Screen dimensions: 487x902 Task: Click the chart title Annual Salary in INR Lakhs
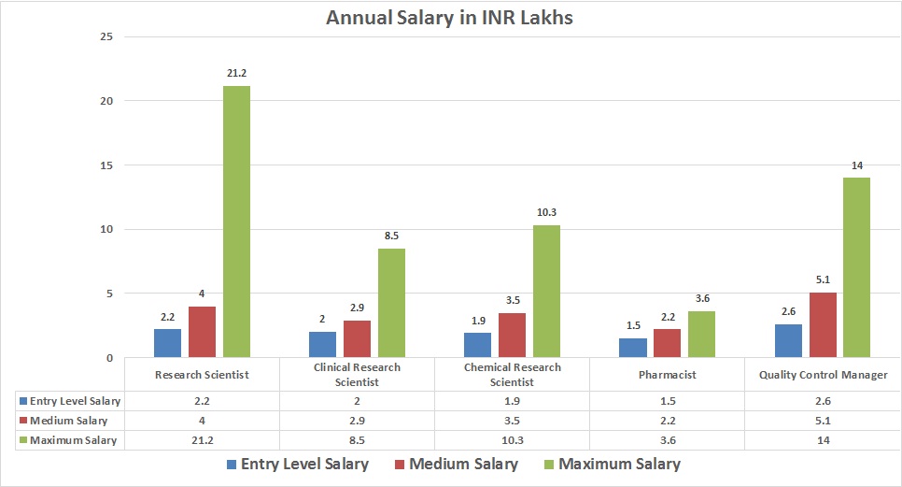pyautogui.click(x=449, y=18)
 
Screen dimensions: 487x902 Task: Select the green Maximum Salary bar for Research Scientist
pyautogui.click(x=236, y=222)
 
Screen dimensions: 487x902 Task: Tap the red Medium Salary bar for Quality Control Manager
pyautogui.click(x=823, y=325)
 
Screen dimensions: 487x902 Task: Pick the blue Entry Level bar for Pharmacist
pyautogui.click(x=633, y=348)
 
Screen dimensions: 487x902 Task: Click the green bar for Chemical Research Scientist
pyautogui.click(x=546, y=292)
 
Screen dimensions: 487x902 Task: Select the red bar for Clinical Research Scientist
pyautogui.click(x=357, y=339)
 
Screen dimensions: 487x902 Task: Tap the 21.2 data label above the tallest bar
pyautogui.click(x=236, y=73)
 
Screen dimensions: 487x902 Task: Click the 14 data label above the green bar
pyautogui.click(x=856, y=165)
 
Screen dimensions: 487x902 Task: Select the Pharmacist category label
pyautogui.click(x=667, y=375)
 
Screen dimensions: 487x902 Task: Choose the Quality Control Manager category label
pyautogui.click(x=822, y=375)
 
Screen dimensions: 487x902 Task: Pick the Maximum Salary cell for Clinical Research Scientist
pyautogui.click(x=357, y=439)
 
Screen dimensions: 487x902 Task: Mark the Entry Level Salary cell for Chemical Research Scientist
pyautogui.click(x=512, y=400)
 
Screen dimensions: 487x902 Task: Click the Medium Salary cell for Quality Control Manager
pyautogui.click(x=822, y=420)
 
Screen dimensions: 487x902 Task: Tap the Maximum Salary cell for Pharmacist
pyautogui.click(x=667, y=439)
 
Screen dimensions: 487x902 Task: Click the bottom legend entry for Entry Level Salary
pyautogui.click(x=298, y=464)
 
